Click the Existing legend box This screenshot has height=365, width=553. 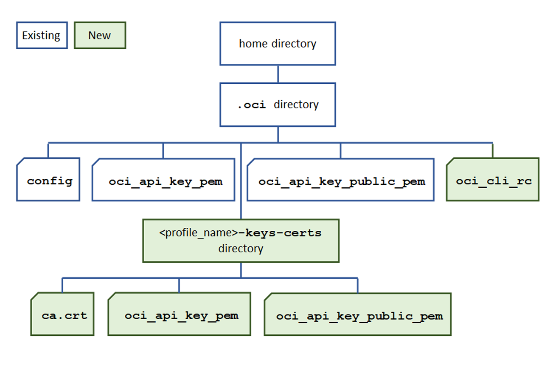click(42, 35)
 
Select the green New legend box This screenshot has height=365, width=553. click(100, 35)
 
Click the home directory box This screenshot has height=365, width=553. click(278, 44)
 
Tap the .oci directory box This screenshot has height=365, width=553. click(278, 105)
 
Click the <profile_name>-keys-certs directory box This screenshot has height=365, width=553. click(241, 241)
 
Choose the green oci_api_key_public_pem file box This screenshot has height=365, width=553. click(357, 314)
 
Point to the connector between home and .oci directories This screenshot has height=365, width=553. click(278, 74)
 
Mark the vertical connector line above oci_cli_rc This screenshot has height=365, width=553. click(492, 150)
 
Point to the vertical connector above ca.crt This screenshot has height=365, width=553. click(62, 285)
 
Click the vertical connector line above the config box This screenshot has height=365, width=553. click(48, 150)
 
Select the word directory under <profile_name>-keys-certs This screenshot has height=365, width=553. click(241, 249)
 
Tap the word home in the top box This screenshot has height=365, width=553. click(253, 44)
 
